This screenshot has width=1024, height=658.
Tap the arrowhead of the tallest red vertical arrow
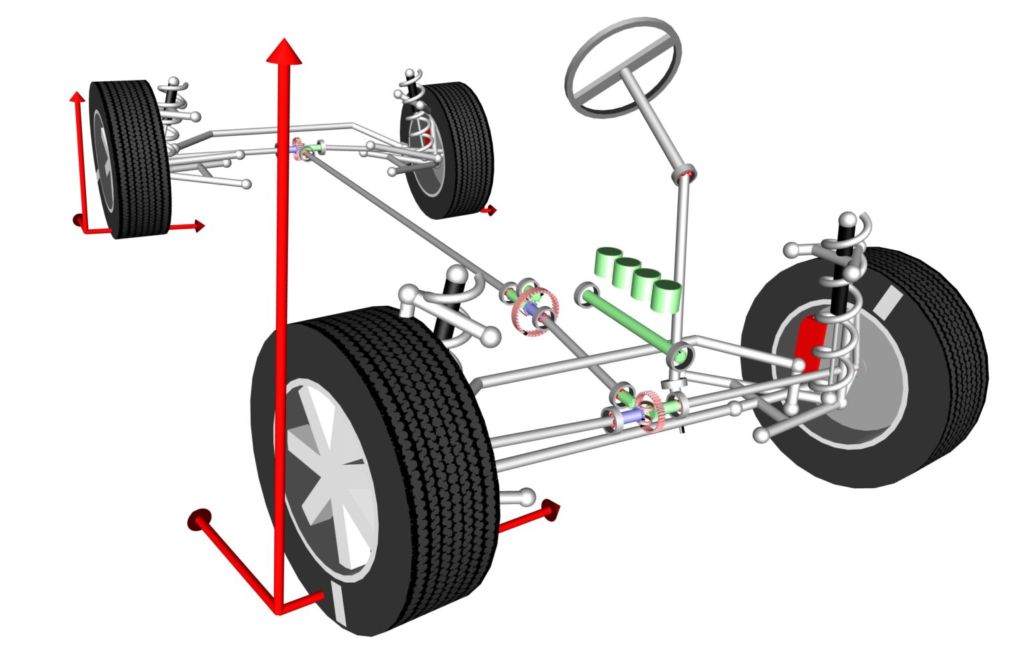[x=285, y=52]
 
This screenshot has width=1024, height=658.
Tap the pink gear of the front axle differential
[x=648, y=412]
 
